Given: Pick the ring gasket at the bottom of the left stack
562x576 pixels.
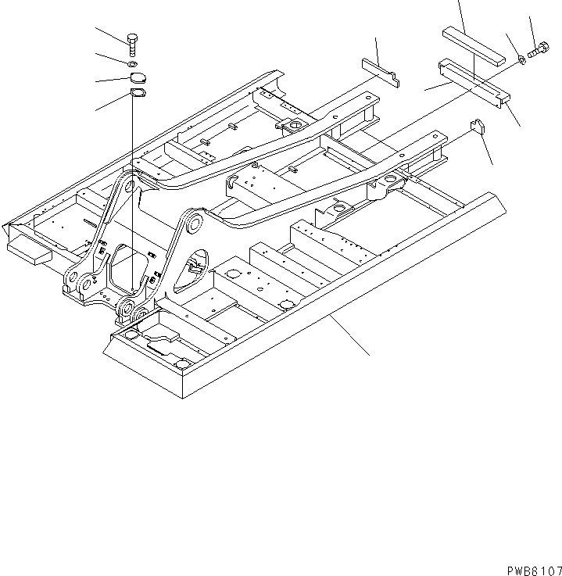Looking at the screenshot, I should point(137,95).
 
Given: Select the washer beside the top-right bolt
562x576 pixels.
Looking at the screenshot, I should point(521,59).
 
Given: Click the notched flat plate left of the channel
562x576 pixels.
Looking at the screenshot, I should point(381,70).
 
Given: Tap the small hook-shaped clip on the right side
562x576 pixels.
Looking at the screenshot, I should point(478,127).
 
